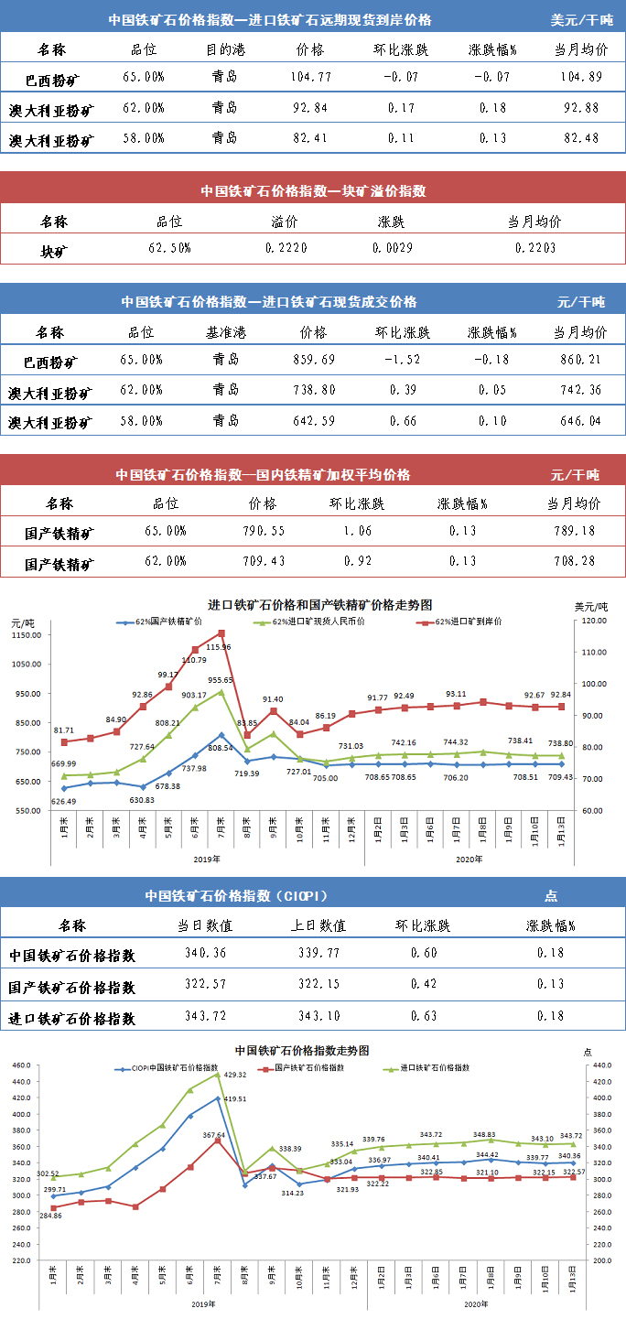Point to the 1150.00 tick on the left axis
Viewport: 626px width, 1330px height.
(27, 635)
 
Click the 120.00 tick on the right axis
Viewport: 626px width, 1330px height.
(596, 621)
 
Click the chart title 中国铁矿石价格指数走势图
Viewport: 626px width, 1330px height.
(302, 1050)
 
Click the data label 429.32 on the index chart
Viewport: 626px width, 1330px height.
(236, 1075)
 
